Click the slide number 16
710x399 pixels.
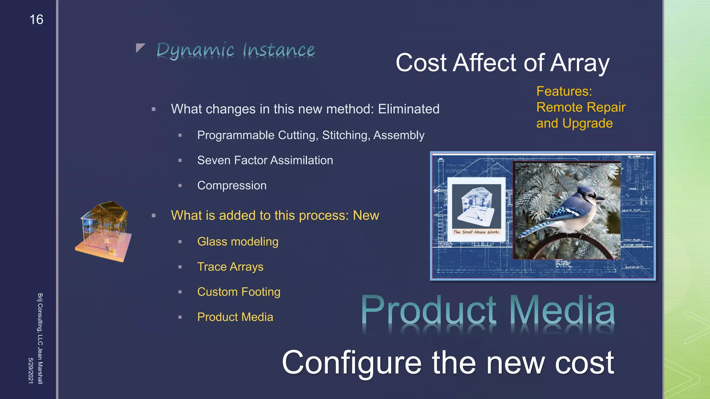[36, 20]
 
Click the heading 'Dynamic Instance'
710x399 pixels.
[235, 50]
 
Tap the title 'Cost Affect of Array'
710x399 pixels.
[502, 63]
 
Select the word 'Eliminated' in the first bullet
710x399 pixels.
[408, 109]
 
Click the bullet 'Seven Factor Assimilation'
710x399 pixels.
[265, 160]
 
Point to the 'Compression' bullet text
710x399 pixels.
[232, 186]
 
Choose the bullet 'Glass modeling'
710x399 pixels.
[237, 242]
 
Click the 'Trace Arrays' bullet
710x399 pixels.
[230, 267]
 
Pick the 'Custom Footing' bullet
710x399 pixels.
[239, 292]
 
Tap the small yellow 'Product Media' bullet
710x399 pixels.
[235, 317]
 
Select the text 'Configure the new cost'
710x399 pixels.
[448, 363]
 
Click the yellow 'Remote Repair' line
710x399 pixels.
[581, 107]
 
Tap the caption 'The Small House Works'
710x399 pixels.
[476, 232]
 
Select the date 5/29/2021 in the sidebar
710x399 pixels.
[31, 371]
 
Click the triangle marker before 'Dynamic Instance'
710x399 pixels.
[140, 48]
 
